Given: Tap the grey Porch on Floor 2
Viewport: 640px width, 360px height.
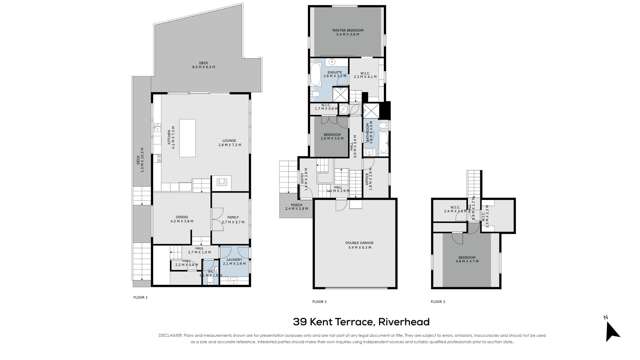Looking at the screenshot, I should coord(296,207).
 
